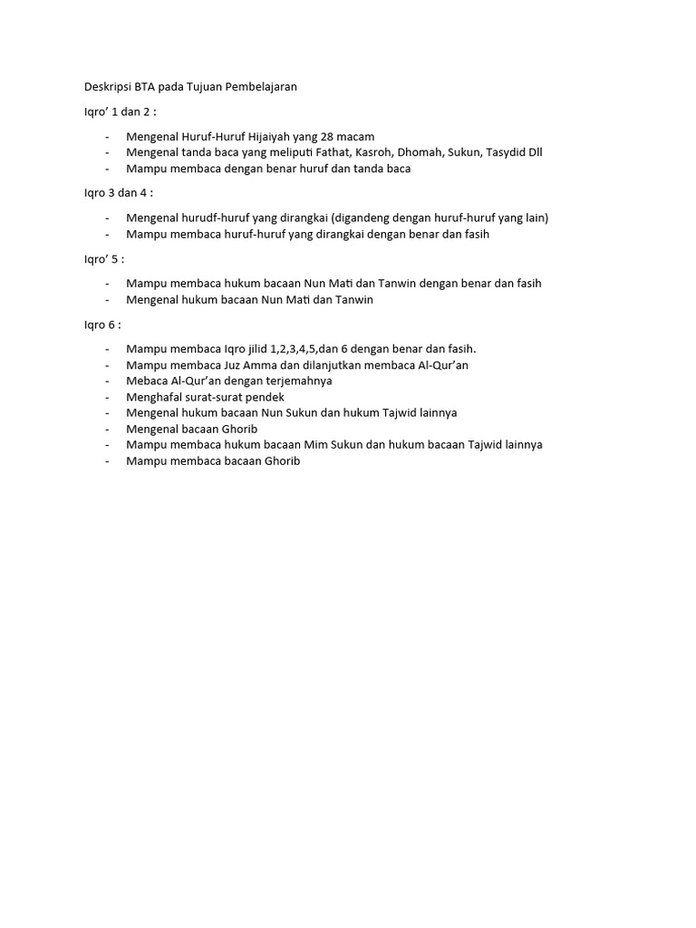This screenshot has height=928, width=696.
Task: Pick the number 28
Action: [x=328, y=136]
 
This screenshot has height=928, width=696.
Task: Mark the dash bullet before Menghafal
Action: [x=107, y=397]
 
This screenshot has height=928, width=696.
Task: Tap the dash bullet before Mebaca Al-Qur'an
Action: [x=107, y=381]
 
